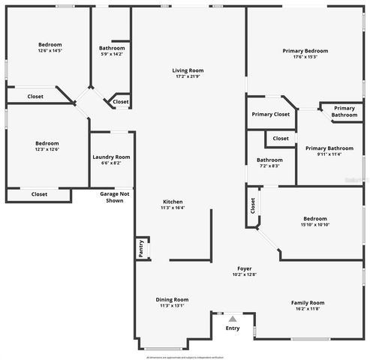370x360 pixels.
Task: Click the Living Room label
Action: click(189, 70)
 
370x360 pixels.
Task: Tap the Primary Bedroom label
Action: click(305, 50)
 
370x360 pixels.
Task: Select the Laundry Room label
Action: click(111, 157)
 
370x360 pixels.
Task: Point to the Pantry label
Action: click(140, 247)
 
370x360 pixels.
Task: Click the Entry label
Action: click(233, 328)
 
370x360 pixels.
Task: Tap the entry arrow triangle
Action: click(233, 319)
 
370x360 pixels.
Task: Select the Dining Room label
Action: click(172, 299)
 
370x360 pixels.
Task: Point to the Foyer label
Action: click(245, 268)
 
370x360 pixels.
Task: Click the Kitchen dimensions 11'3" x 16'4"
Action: click(173, 208)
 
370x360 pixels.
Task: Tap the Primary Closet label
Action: click(271, 114)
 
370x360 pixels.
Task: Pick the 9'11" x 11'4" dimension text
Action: click(329, 154)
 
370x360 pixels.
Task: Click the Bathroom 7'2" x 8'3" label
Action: click(269, 160)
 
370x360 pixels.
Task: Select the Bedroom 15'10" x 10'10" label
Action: click(315, 218)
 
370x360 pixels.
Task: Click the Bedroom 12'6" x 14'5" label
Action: click(50, 45)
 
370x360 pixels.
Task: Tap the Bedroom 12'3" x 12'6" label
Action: click(47, 142)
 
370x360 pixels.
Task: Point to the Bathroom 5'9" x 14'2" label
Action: click(112, 48)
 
